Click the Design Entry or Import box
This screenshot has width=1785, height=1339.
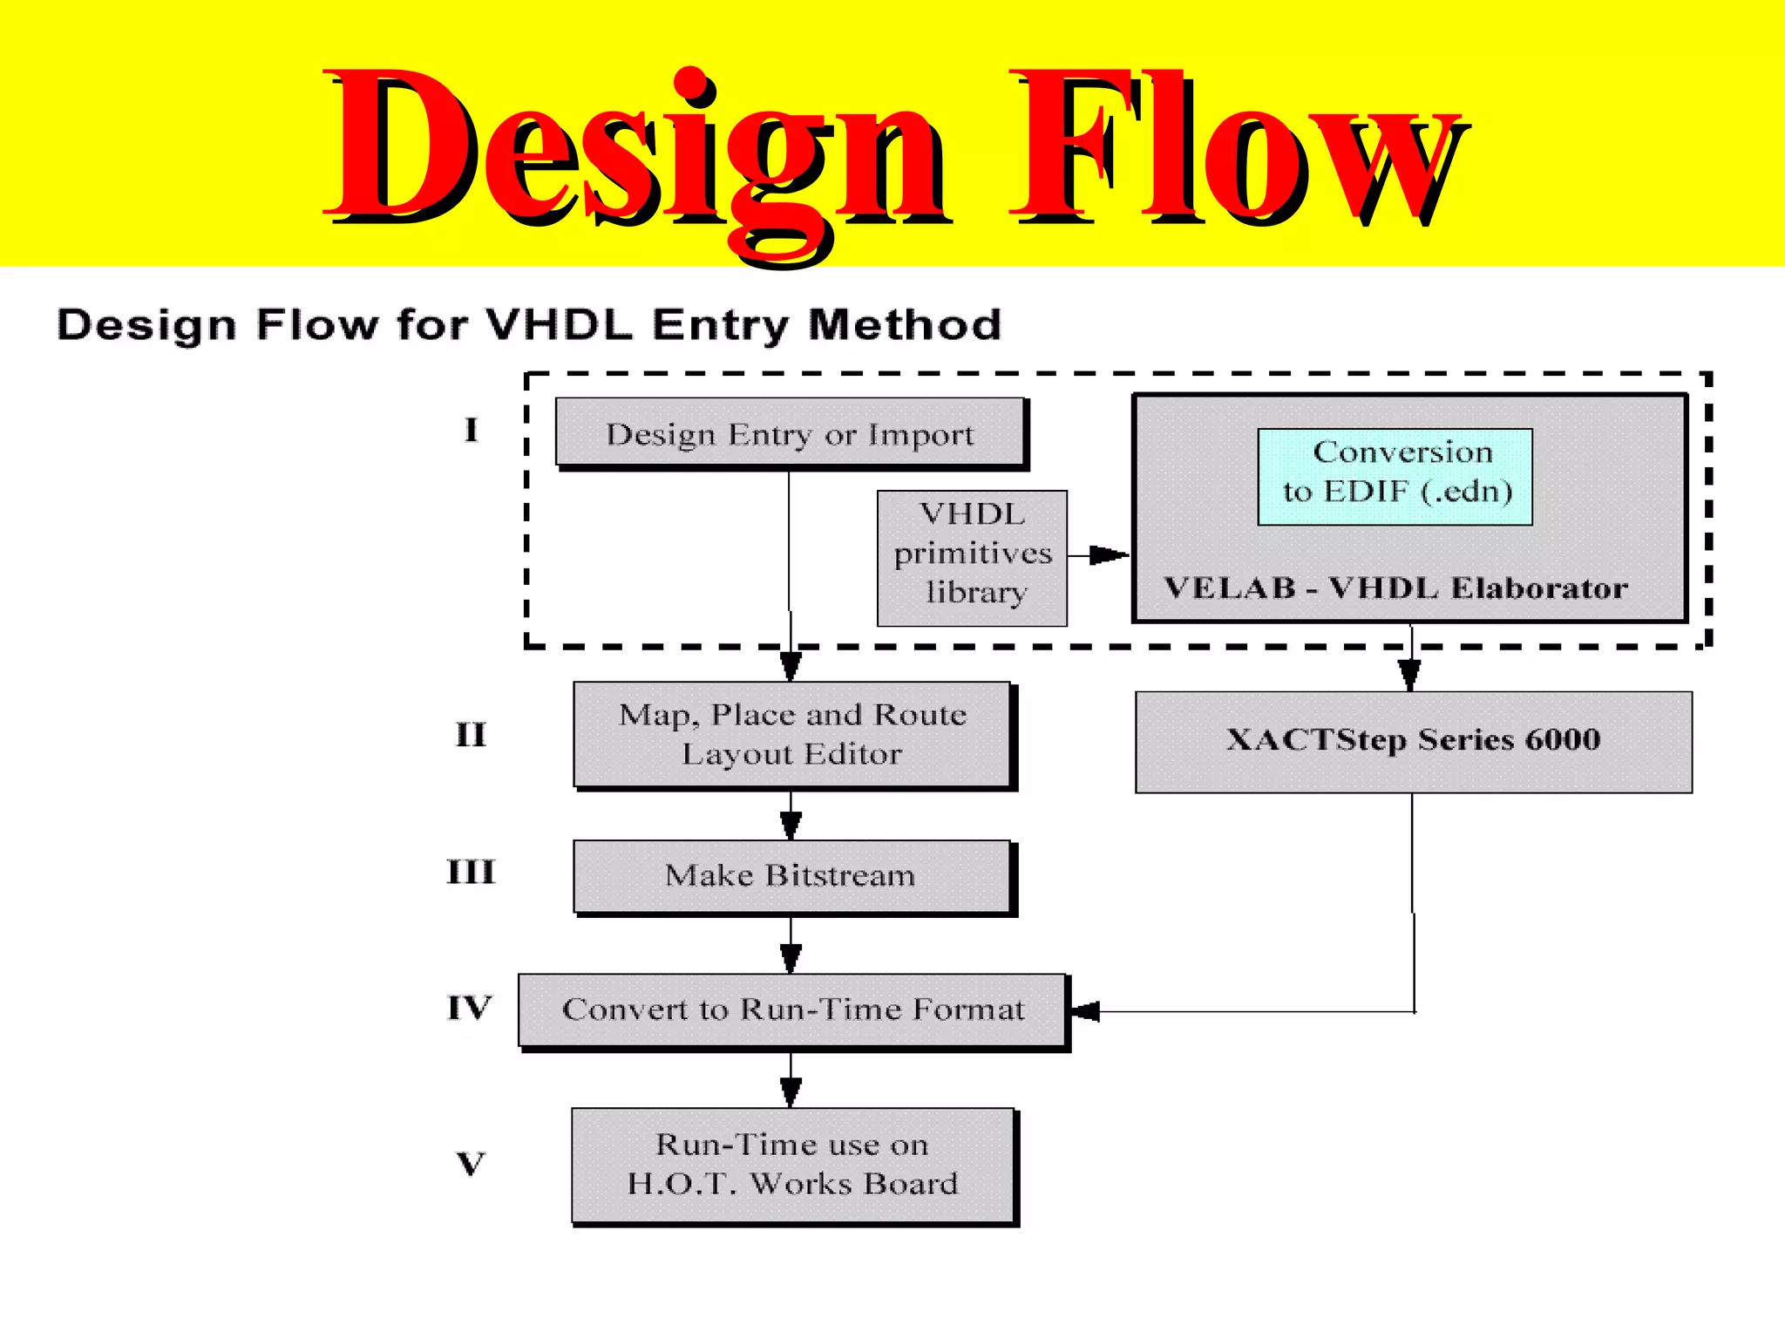tap(790, 433)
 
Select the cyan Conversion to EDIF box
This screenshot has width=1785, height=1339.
tap(1395, 476)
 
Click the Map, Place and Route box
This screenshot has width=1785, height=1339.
tap(791, 735)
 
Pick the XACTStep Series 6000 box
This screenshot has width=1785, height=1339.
tap(1413, 741)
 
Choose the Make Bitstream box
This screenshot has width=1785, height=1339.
tap(791, 876)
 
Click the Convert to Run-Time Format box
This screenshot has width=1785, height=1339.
tap(791, 1009)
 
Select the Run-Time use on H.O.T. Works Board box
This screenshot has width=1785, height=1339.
tap(791, 1165)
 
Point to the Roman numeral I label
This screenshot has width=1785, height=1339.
tap(471, 430)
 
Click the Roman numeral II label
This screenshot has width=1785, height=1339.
tap(471, 735)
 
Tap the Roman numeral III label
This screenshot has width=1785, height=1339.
tap(471, 872)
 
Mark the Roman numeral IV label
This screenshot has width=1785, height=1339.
tap(470, 1008)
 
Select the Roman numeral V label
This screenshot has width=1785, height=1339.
tap(471, 1163)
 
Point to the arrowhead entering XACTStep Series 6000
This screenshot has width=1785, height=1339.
tap(1410, 674)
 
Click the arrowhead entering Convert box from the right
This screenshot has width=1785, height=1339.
tap(1086, 1011)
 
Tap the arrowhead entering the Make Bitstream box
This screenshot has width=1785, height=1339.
tap(791, 825)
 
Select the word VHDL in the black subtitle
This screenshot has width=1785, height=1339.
tap(558, 324)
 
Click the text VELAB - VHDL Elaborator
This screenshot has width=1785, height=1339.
tap(1395, 588)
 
